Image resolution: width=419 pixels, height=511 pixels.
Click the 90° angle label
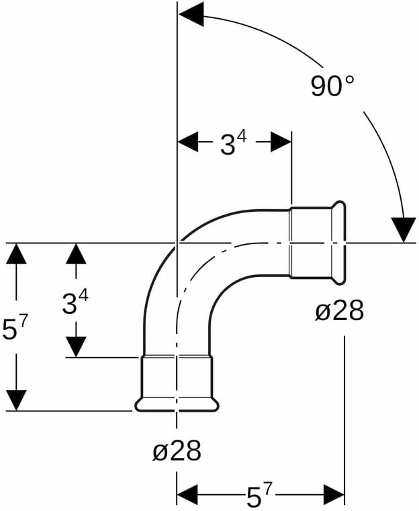(x=332, y=86)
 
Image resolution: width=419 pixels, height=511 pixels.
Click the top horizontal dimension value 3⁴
(x=233, y=143)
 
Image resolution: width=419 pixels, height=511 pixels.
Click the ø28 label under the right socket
(x=339, y=311)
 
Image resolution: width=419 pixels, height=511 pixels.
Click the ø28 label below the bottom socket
(x=177, y=450)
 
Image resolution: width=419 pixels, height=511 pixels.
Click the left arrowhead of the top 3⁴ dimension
(x=187, y=142)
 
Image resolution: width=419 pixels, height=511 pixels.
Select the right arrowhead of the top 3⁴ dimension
(x=281, y=142)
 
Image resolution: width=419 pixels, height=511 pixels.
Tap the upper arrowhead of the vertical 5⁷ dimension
(x=15, y=255)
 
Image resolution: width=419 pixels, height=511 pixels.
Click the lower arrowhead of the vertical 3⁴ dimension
(x=76, y=347)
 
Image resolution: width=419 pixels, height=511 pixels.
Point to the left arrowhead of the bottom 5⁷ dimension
(x=187, y=496)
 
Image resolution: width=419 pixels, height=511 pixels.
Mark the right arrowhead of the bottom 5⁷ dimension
(x=334, y=496)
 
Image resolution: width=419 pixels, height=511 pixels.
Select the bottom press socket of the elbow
(x=177, y=378)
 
